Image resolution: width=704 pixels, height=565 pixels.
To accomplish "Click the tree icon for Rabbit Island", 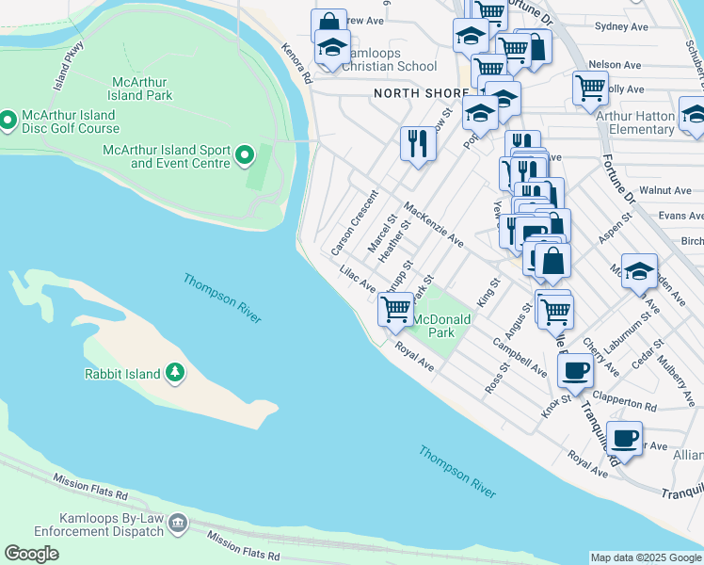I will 174,374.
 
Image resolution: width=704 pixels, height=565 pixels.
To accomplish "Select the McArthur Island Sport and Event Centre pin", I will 246,154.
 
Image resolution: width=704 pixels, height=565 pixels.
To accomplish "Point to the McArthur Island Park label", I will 140,89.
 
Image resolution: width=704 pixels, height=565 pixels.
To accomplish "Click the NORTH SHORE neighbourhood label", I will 420,93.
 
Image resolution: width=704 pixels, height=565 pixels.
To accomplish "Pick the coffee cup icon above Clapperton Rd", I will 574,369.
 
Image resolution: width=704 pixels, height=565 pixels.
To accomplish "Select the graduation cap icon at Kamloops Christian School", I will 332,46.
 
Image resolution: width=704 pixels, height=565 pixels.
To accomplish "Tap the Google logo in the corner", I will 31,554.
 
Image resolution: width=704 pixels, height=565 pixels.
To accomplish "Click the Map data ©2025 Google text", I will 647,557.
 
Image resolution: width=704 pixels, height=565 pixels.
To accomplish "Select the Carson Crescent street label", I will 354,223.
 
